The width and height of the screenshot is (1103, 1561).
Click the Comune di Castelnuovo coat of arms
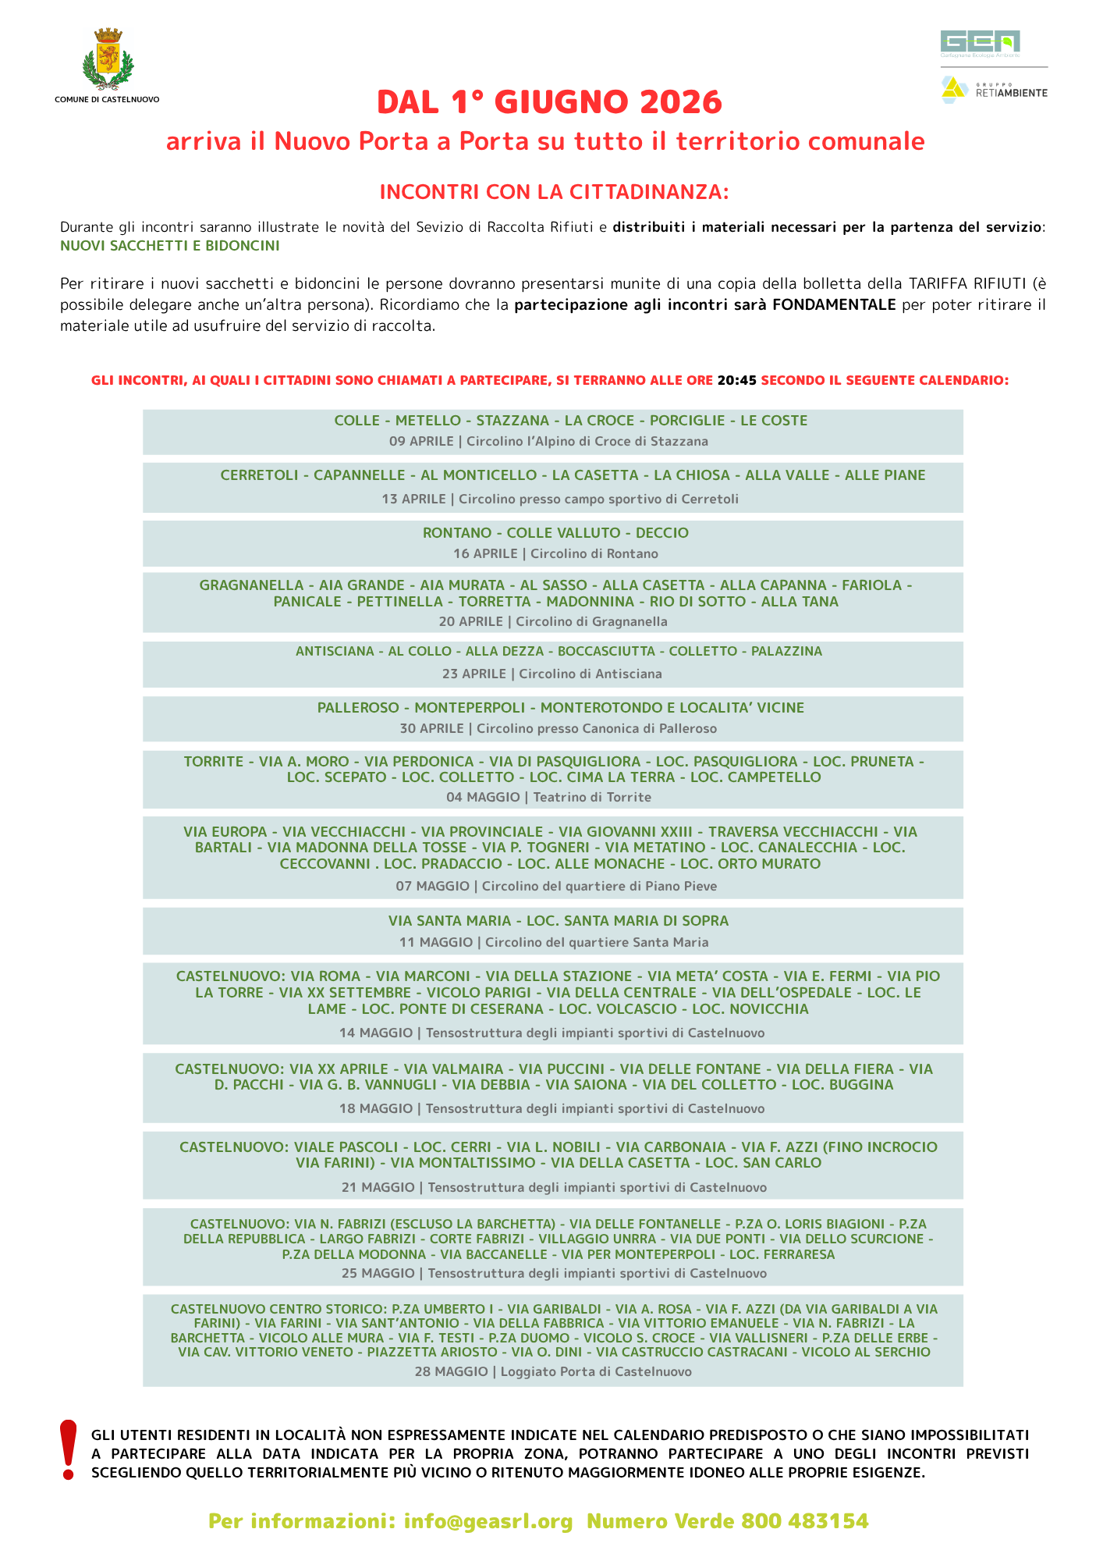tap(108, 60)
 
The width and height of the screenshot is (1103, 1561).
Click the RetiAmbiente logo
tap(995, 90)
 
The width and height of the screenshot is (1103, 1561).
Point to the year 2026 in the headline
tap(681, 102)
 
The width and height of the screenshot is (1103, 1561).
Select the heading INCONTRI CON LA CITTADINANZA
tap(554, 192)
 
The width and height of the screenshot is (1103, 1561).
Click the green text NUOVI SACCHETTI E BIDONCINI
tap(169, 246)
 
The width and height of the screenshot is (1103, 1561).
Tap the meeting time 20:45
tap(737, 381)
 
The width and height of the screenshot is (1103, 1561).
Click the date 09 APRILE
tap(421, 442)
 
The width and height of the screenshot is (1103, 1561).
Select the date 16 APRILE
tap(485, 554)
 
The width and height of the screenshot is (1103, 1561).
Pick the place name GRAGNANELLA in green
tap(251, 585)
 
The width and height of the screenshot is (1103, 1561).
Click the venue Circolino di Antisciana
tap(591, 674)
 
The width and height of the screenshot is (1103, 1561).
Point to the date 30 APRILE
tap(431, 729)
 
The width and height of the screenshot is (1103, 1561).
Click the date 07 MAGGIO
tap(432, 887)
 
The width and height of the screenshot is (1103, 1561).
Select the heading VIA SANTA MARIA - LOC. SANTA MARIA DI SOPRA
tap(559, 921)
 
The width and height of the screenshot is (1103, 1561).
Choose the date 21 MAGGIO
tap(378, 1188)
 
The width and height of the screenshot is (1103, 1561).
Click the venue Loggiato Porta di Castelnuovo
tap(596, 1372)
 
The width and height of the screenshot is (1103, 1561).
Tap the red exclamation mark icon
tap(69, 1449)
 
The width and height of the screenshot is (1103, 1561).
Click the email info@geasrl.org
tap(488, 1521)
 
